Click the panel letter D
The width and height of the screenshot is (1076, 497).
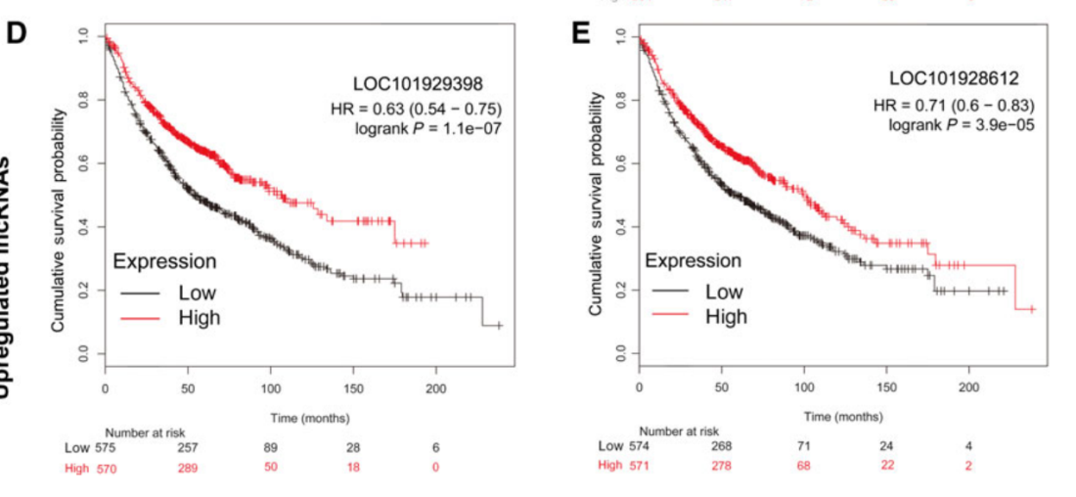pyautogui.click(x=17, y=31)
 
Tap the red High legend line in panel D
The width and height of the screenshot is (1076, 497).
pyautogui.click(x=140, y=317)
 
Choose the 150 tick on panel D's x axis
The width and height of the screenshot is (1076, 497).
pyautogui.click(x=354, y=387)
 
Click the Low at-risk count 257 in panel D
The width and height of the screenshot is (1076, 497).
pyautogui.click(x=188, y=447)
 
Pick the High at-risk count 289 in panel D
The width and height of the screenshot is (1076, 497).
pyautogui.click(x=188, y=467)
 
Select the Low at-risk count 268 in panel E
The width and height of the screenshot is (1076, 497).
pyautogui.click(x=722, y=446)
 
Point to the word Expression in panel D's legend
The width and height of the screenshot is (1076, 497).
pyautogui.click(x=164, y=261)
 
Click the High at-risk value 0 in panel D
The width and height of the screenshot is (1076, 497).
pyautogui.click(x=436, y=467)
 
